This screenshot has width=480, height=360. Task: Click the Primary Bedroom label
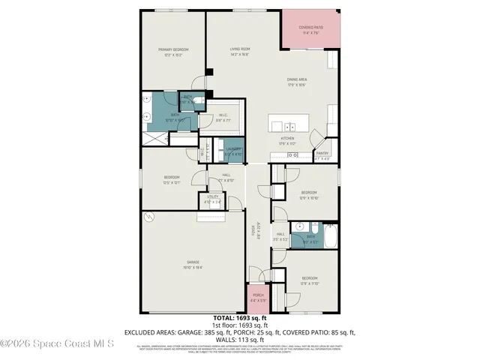(x=170, y=52)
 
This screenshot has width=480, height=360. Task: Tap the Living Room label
(x=239, y=52)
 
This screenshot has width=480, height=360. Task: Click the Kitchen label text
(x=288, y=140)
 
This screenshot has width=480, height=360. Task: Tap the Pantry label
(x=322, y=155)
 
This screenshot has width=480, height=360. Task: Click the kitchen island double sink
(x=289, y=124)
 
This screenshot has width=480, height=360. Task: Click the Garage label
(x=193, y=265)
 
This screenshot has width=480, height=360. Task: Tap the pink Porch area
(x=258, y=298)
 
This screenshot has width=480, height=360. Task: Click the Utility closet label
(x=211, y=200)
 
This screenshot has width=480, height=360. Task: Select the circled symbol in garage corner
(x=149, y=217)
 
